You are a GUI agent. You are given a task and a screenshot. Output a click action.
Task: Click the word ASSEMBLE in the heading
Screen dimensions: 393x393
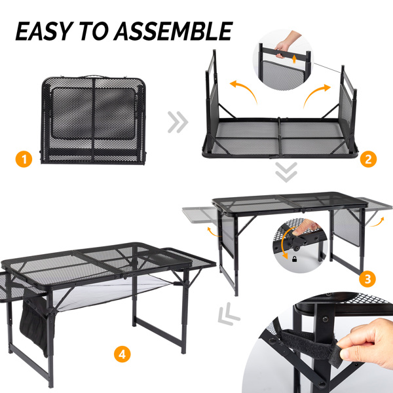174,31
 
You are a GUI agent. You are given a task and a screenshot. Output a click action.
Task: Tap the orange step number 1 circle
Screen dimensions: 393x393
24,159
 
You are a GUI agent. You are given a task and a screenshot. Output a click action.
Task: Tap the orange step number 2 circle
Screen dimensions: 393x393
368,159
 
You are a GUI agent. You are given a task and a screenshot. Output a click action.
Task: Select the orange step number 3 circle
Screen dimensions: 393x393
367,279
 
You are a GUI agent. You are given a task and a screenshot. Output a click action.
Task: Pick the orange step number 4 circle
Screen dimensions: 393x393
122,354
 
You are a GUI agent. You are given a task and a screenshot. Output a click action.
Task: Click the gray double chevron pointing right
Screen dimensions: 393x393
178,122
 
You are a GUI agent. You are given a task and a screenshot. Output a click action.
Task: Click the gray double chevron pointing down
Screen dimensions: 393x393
286,172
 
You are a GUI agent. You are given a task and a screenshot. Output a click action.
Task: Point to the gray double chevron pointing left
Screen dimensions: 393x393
229,314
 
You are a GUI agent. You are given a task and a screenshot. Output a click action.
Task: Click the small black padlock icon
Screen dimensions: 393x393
295,259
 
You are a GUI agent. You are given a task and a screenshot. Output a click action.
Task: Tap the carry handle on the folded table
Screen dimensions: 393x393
94,77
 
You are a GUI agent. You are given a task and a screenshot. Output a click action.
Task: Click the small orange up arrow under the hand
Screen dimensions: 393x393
295,59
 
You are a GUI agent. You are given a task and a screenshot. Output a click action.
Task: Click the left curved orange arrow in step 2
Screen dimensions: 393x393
243,91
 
